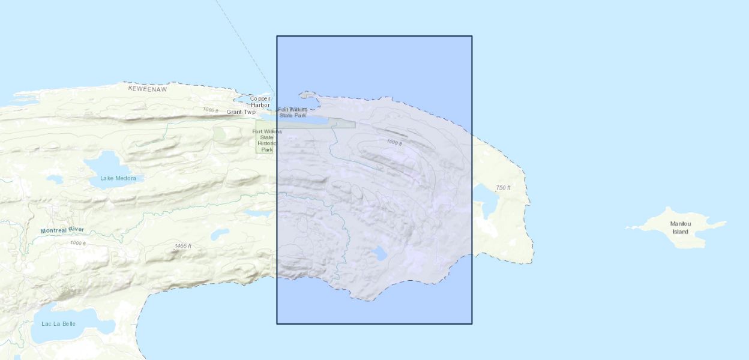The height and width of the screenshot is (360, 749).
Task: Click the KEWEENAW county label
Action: coord(147,88)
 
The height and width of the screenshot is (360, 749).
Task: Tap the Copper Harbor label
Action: coord(260,102)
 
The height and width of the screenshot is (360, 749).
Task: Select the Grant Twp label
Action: coord(241,112)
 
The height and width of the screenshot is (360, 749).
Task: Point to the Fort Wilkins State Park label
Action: coord(293,112)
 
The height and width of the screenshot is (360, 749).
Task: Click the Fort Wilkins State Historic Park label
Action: coord(266,140)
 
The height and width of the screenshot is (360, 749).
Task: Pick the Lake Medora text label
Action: coord(118,178)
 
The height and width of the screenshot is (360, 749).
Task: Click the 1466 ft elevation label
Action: coord(182,246)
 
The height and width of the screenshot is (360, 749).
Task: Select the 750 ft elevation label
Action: coord(503,188)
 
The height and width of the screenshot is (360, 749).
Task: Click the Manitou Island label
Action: coord(681,227)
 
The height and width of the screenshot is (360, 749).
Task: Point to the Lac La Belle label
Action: coord(59,324)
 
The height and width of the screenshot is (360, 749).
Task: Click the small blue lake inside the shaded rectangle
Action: coord(379,253)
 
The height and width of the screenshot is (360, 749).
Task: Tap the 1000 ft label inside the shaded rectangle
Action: coord(394,142)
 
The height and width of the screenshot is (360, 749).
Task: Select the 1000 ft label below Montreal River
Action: coord(78,243)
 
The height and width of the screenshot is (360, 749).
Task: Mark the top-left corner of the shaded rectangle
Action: coord(277,36)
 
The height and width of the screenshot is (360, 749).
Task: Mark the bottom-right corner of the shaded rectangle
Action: coord(472,324)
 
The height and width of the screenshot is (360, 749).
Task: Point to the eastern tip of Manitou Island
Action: coord(725,223)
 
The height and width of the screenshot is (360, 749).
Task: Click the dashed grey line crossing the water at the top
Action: coord(240,42)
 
